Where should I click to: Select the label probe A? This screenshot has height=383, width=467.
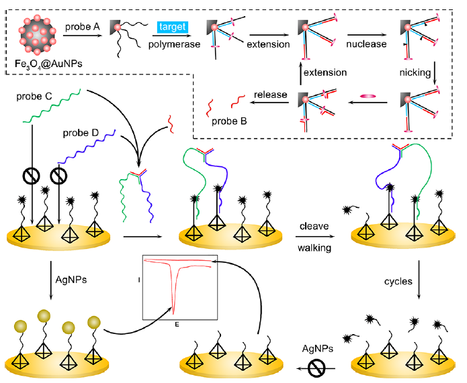pos(83,26)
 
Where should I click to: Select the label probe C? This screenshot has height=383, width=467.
pos(34,96)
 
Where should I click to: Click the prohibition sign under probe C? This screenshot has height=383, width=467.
pos(31,176)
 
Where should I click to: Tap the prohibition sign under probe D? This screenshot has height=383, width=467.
pos(60,176)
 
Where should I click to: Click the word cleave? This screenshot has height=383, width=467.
pos(314,226)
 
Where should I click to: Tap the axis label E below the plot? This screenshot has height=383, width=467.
pos(176,325)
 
